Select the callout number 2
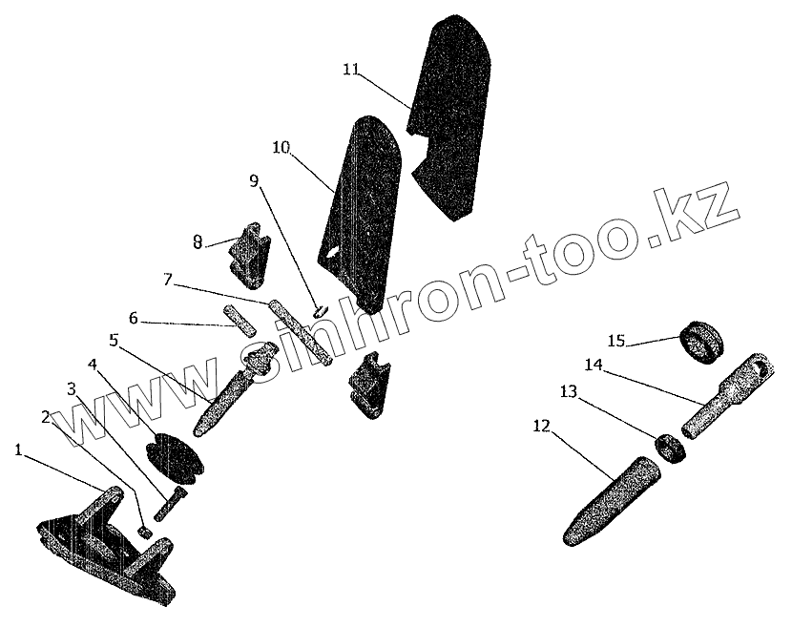[x=45, y=416]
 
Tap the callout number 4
[x=94, y=365]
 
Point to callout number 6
[x=134, y=318]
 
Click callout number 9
[x=254, y=181]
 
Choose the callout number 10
[x=281, y=148]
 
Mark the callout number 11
[x=350, y=69]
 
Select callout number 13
[x=569, y=390]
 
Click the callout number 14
[x=594, y=365]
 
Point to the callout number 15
[x=615, y=341]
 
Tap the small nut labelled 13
[x=672, y=446]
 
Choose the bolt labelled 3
[x=169, y=501]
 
